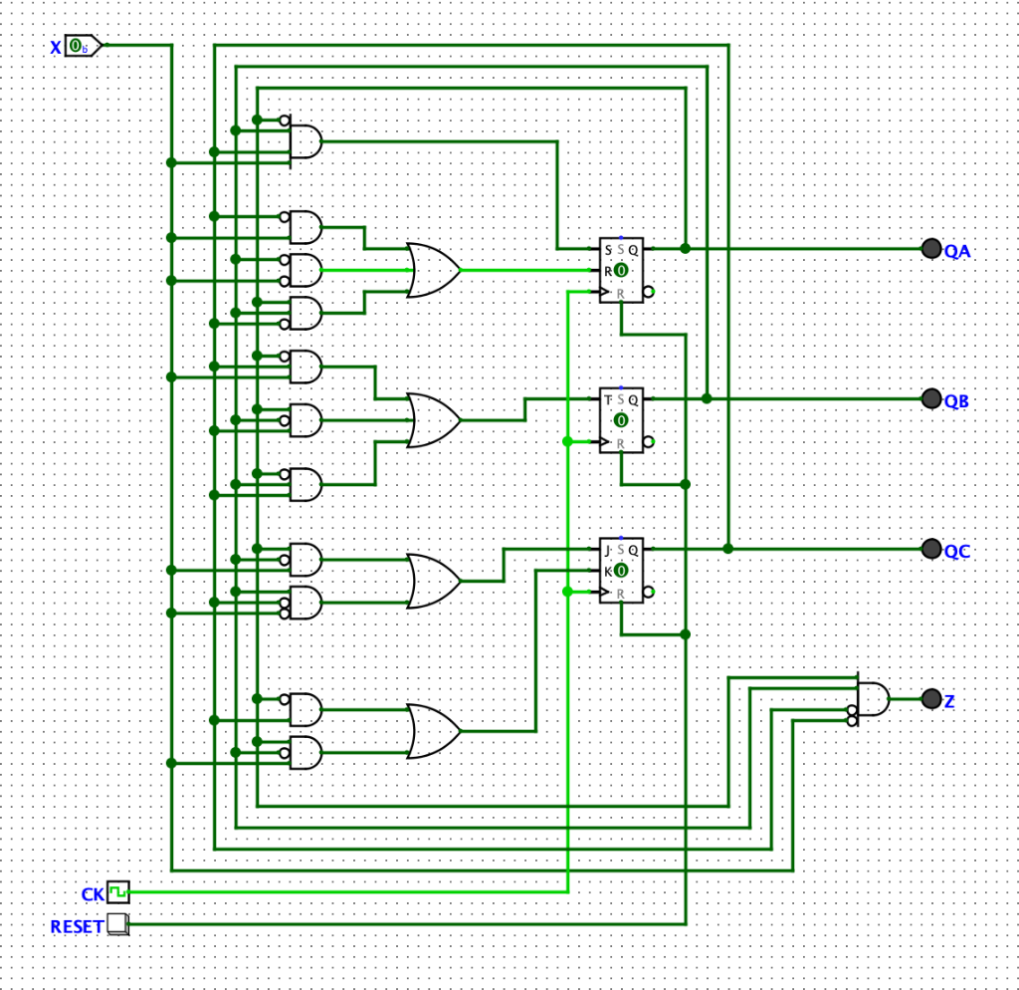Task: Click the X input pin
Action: [83, 46]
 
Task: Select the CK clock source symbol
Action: [118, 889]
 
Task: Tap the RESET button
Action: [117, 924]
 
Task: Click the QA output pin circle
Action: [931, 249]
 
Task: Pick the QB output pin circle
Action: [931, 398]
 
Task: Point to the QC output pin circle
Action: [931, 549]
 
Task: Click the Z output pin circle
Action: [931, 699]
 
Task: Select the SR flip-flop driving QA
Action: [621, 270]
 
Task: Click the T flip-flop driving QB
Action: [621, 419]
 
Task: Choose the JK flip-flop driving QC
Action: [621, 570]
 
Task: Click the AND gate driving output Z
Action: [873, 699]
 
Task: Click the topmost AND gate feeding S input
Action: [306, 141]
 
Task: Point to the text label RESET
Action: [77, 926]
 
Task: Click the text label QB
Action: [956, 401]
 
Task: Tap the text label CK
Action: [93, 892]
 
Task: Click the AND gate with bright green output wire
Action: [306, 270]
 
